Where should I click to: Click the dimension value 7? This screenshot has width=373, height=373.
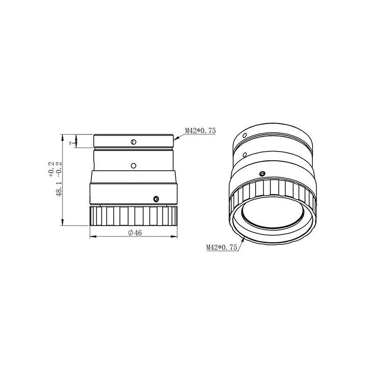tap(71, 143)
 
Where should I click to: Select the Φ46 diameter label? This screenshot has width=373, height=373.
tap(135, 233)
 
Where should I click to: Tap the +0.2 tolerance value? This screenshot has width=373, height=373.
tap(52, 169)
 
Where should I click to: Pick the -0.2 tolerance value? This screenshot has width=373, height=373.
tap(59, 169)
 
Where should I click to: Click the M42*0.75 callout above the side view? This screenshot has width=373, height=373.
tap(200, 131)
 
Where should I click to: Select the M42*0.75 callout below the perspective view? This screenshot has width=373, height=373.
tap(221, 248)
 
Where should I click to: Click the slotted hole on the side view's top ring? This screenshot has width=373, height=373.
tap(133, 142)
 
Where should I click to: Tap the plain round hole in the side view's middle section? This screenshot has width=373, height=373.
tap(133, 166)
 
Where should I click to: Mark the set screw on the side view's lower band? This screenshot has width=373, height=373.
tap(156, 199)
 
